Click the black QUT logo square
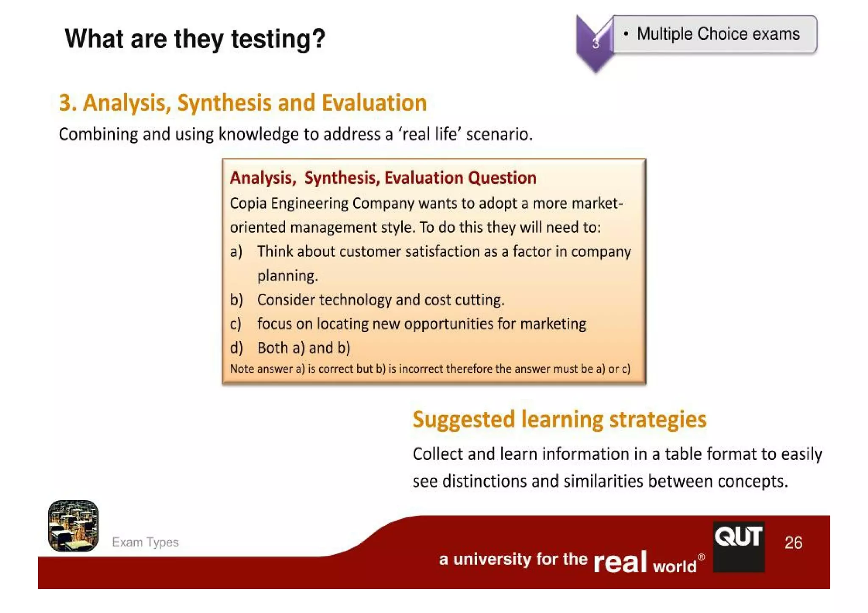click(738, 546)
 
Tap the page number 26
click(793, 543)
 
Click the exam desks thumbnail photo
click(73, 526)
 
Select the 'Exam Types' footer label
click(145, 542)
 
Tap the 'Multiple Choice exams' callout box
click(715, 34)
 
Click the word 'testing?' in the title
click(278, 39)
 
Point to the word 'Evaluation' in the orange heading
click(374, 103)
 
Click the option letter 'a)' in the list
click(236, 252)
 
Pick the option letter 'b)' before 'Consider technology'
click(236, 300)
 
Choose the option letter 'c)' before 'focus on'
click(236, 324)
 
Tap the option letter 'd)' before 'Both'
click(236, 348)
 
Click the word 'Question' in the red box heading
click(502, 178)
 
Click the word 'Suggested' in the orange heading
click(464, 420)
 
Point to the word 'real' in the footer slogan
click(620, 562)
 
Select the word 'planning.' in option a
click(287, 276)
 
